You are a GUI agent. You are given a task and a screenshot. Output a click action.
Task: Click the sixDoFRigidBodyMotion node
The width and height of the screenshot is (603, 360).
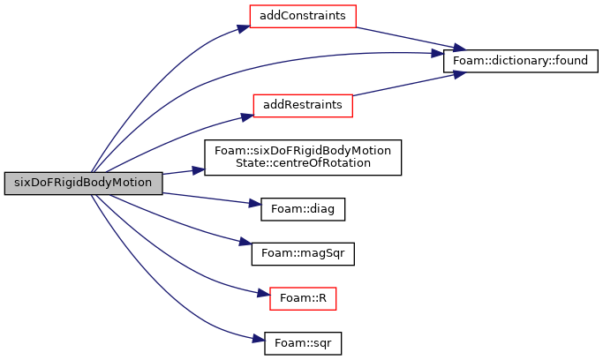(x=83, y=183)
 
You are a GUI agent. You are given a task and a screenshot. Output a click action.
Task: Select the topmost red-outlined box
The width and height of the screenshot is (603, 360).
(x=302, y=16)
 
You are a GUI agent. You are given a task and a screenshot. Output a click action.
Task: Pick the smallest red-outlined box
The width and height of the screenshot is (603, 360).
(x=303, y=298)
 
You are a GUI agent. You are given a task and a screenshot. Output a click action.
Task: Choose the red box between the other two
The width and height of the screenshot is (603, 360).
(x=302, y=106)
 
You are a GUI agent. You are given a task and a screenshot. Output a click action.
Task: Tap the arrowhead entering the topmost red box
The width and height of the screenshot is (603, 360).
(x=243, y=28)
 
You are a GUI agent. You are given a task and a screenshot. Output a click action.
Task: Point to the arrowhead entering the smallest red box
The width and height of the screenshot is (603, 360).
(x=263, y=293)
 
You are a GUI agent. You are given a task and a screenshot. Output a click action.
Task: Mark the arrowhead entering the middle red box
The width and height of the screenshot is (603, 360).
(x=246, y=116)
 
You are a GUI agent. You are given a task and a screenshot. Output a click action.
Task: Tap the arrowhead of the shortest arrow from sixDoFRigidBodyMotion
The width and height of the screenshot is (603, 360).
(x=199, y=169)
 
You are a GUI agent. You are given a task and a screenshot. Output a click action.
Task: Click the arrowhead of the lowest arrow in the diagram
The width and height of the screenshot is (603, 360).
(x=259, y=339)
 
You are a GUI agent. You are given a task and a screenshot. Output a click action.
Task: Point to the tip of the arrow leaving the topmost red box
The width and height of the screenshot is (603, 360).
(x=464, y=49)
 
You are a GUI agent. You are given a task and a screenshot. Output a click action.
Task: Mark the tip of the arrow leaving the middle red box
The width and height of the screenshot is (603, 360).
(x=464, y=73)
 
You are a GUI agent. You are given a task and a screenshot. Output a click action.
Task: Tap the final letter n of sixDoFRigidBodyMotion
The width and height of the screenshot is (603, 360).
(x=148, y=183)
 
